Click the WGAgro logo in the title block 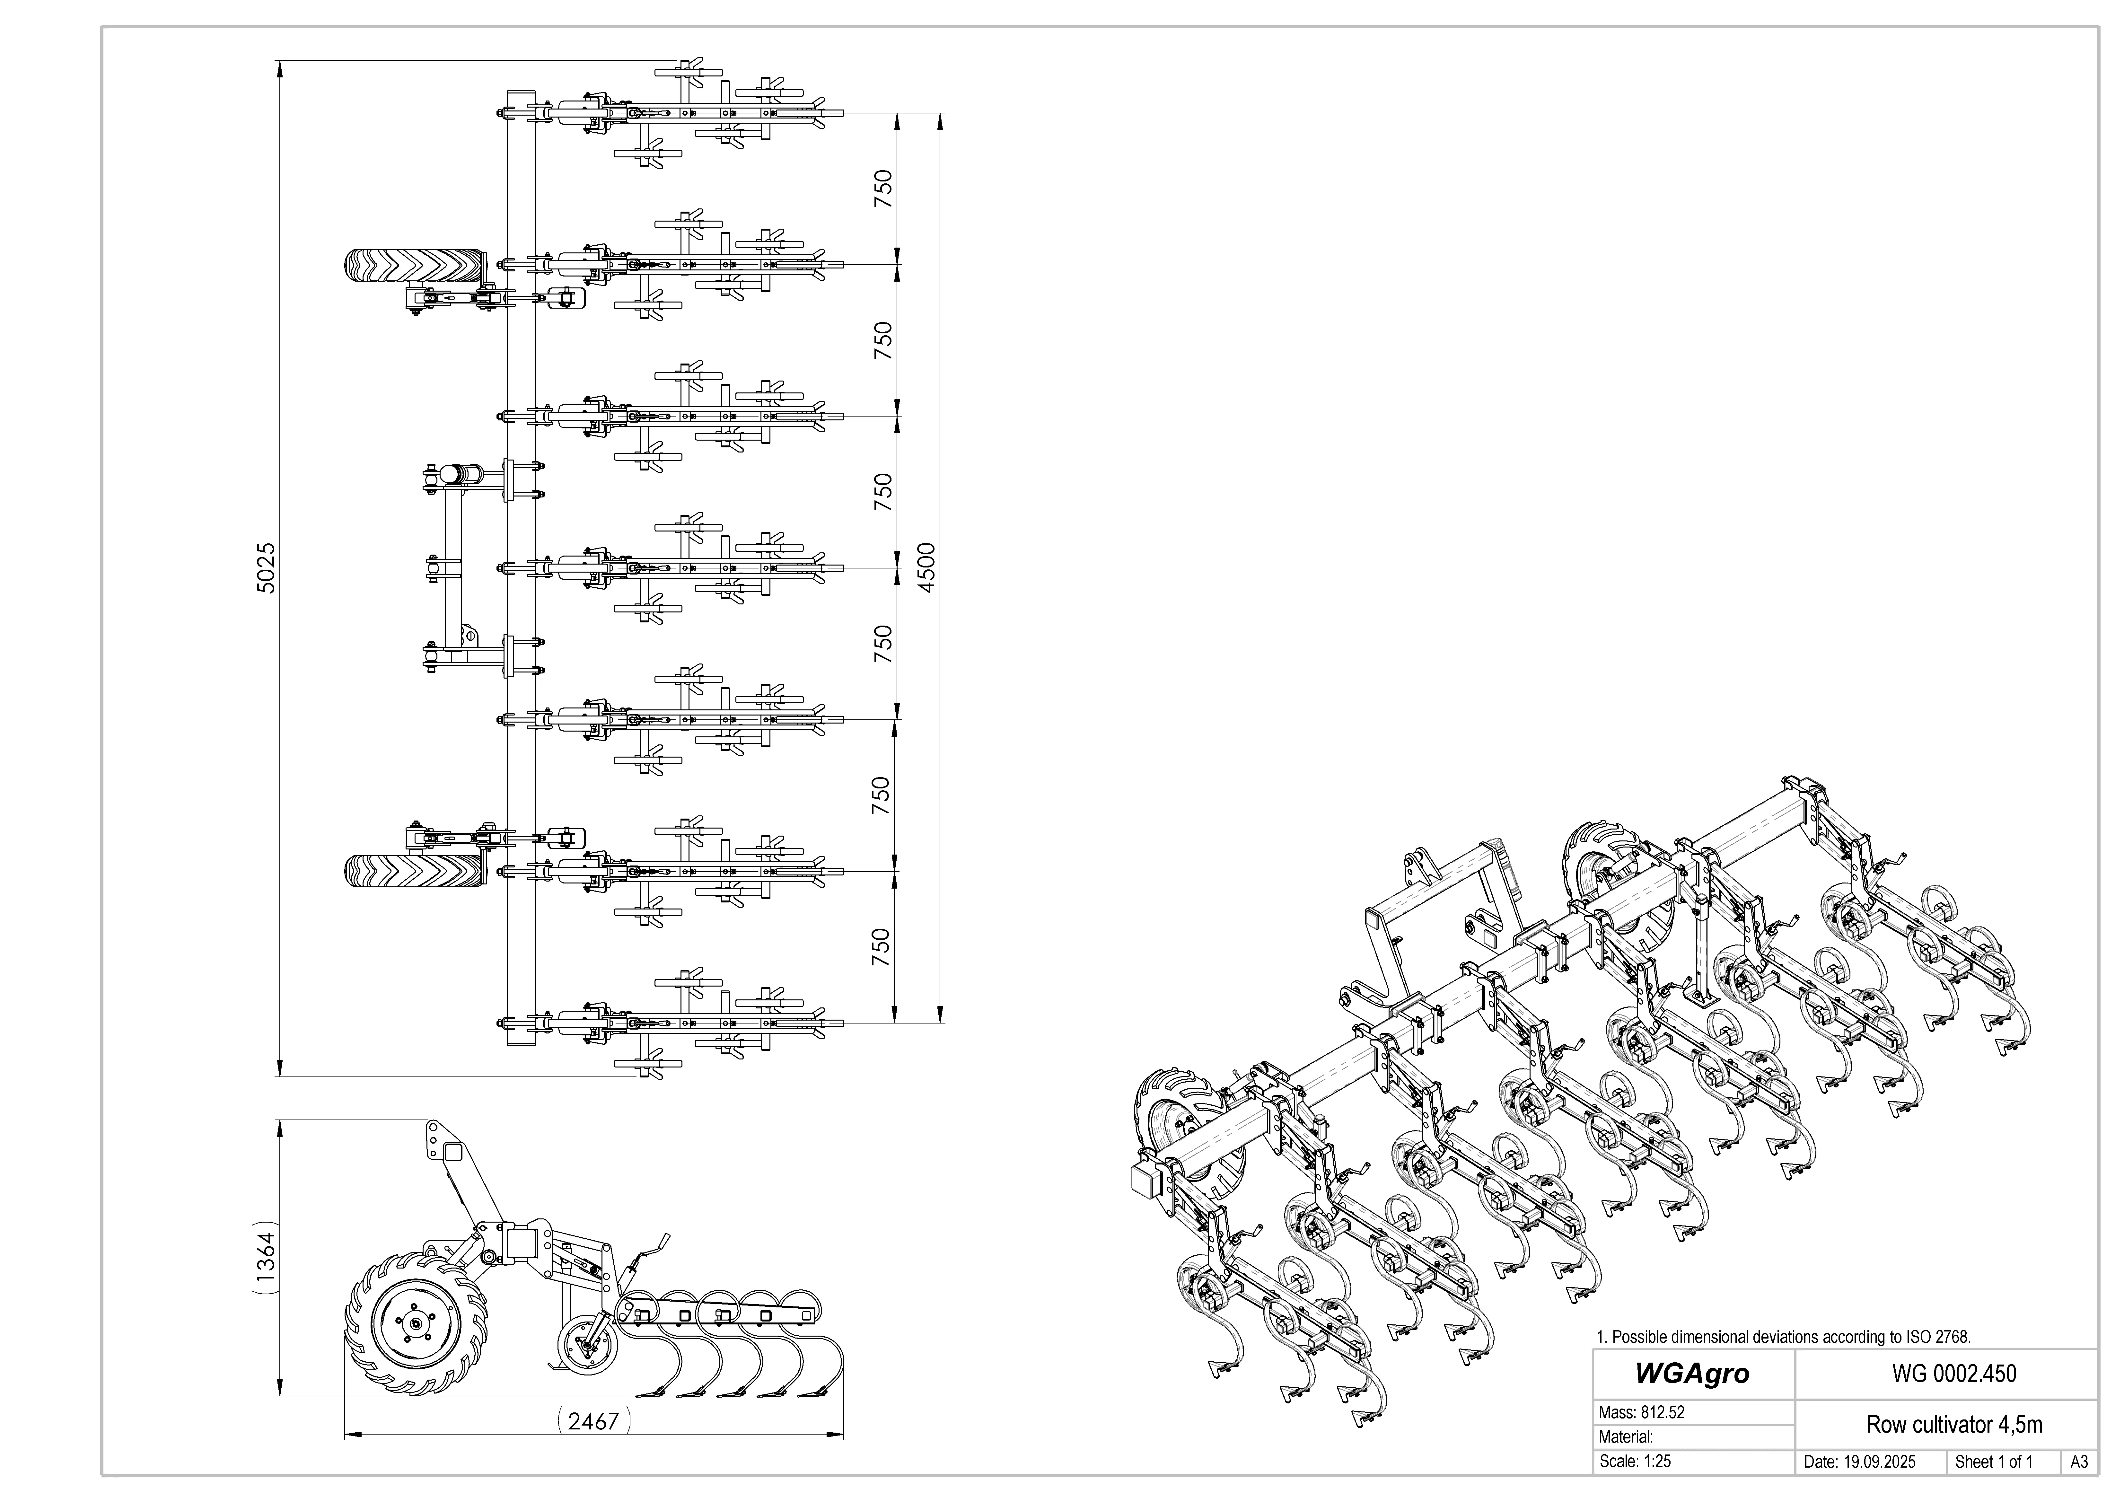(x=1692, y=1374)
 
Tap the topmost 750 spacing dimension (x=883, y=189)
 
